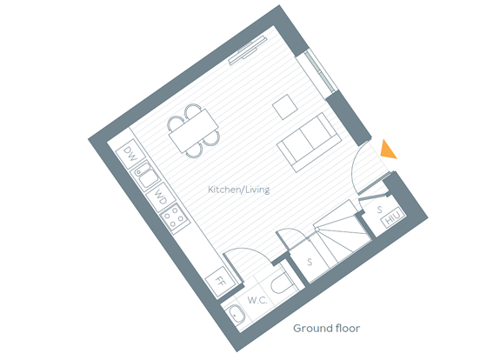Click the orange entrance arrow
tap(388, 151)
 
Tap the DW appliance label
tap(130, 154)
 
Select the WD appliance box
tap(160, 197)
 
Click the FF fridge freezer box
tap(219, 282)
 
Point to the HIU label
tap(392, 217)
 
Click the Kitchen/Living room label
tap(238, 190)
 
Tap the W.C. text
tap(257, 300)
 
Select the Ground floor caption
tap(326, 328)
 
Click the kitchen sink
tap(146, 176)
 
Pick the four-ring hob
tap(175, 218)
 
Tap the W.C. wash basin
tap(236, 314)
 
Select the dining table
tap(194, 130)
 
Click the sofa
tap(310, 142)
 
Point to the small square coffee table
tap(285, 107)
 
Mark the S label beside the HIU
tap(379, 210)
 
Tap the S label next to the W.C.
tap(310, 262)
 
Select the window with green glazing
tap(320, 71)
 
